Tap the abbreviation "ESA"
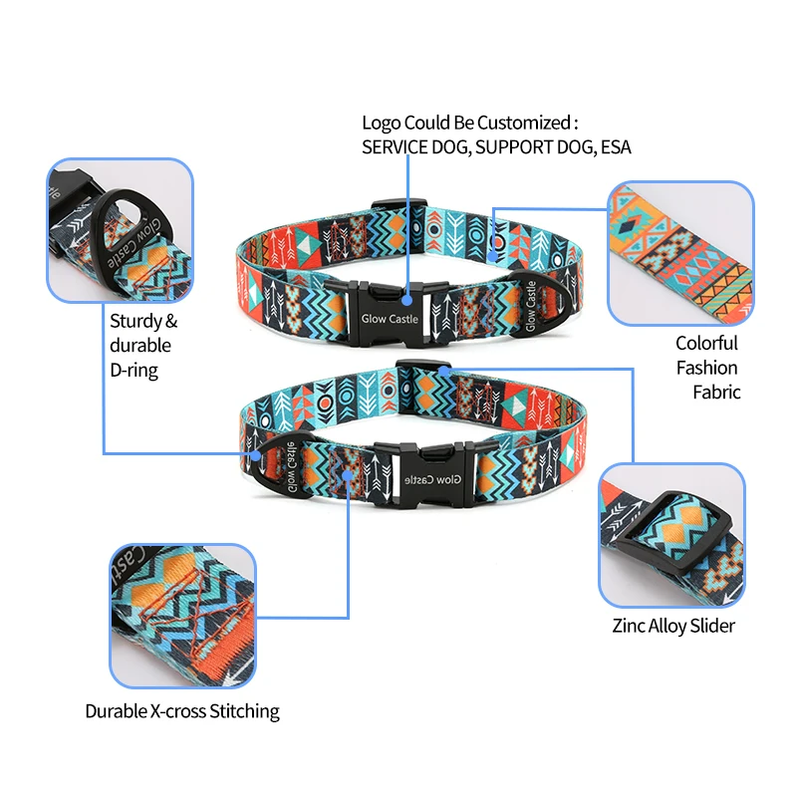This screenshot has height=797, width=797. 614,146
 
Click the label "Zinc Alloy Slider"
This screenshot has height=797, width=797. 673,627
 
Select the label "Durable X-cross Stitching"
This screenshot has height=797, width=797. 182,711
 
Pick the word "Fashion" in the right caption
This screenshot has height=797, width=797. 707,368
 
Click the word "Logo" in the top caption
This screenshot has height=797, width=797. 381,124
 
